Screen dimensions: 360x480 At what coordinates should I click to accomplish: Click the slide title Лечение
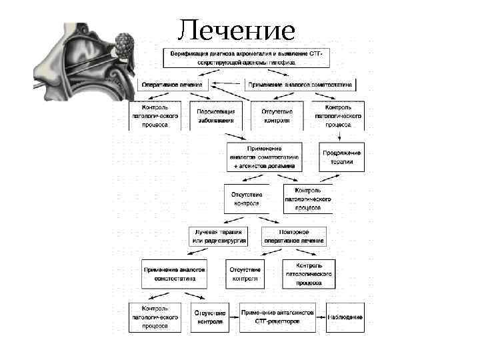[x=237, y=29]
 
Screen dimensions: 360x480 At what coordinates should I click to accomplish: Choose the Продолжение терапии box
[x=342, y=157]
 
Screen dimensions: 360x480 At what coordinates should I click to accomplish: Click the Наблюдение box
[x=345, y=317]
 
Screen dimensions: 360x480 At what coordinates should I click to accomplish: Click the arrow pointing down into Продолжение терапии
[x=342, y=136]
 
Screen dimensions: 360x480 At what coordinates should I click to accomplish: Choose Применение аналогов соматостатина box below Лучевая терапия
[x=175, y=274]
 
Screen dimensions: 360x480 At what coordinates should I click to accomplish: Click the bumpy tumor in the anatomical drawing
[x=125, y=45]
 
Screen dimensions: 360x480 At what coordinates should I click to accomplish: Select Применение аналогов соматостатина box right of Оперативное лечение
[x=301, y=85]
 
